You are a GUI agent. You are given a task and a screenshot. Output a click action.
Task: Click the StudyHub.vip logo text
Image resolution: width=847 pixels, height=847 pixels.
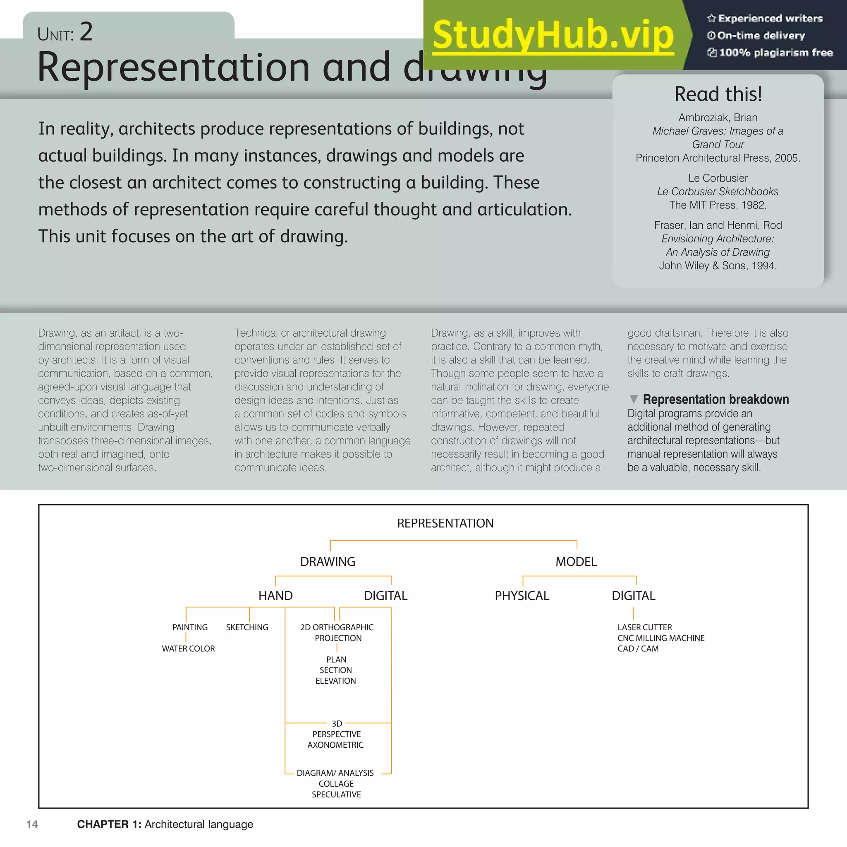point(553,35)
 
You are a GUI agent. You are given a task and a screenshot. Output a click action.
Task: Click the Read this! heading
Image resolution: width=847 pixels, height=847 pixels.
point(718,94)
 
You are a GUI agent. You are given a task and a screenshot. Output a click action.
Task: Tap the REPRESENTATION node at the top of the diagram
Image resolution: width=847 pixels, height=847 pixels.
point(445,523)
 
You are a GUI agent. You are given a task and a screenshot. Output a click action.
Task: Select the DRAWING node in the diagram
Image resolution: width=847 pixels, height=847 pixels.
point(328,562)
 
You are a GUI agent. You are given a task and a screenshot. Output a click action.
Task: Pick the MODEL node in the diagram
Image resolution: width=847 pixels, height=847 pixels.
point(576,562)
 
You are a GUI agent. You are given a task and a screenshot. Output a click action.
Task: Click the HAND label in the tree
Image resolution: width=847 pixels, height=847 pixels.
point(275,596)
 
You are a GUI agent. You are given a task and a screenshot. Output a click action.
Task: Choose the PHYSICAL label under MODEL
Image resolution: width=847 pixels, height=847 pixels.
point(522,596)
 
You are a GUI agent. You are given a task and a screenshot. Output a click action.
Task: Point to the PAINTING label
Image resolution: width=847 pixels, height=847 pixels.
point(190,627)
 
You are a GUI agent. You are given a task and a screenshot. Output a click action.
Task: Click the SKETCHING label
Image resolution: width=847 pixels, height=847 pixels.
point(247,627)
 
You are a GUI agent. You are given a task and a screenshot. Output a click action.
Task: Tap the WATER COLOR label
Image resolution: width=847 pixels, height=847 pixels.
point(188,649)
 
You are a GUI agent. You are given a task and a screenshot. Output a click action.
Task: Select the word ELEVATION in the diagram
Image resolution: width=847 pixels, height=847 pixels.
point(335,681)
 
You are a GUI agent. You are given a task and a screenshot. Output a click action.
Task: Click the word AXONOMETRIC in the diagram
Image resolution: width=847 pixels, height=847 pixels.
point(335,745)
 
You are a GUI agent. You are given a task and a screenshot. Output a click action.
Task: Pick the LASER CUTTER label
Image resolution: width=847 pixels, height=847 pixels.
point(644,627)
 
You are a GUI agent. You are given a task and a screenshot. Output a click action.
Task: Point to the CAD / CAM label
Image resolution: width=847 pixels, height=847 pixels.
point(638,649)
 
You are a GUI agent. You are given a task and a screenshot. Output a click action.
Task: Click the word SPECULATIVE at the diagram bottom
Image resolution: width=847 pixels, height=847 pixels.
point(336,794)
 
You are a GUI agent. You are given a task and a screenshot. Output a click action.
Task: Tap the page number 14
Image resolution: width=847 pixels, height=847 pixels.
point(32,824)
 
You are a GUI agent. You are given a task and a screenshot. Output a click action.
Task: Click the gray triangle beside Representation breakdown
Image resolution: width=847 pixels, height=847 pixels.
point(634,399)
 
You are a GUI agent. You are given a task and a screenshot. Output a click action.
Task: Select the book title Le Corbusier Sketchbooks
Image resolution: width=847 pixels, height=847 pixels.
point(718,191)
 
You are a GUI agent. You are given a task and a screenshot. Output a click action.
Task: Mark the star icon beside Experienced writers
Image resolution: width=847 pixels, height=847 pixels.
point(711,19)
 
